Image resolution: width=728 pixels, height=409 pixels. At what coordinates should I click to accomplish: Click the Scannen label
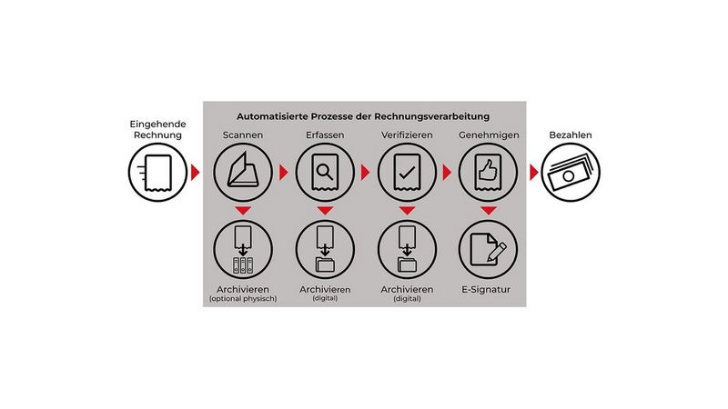click(x=243, y=135)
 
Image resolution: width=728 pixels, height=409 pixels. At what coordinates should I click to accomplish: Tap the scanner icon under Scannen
click(x=243, y=172)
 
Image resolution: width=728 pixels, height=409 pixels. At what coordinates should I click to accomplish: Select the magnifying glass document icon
click(x=325, y=172)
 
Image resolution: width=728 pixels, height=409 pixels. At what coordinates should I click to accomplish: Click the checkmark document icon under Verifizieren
click(x=407, y=172)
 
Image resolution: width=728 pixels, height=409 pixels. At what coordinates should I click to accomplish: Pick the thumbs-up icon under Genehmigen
click(x=488, y=172)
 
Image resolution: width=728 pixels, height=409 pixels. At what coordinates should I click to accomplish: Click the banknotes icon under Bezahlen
click(x=571, y=172)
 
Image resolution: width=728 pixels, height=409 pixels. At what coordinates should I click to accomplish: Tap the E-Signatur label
click(x=486, y=289)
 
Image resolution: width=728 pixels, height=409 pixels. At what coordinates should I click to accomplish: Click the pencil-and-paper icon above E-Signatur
click(x=488, y=249)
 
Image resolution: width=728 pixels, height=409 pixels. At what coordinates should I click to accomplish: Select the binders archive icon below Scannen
click(x=243, y=249)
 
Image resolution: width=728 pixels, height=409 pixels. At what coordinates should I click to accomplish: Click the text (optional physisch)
click(x=243, y=299)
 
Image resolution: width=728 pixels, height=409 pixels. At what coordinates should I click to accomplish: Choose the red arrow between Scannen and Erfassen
click(x=283, y=172)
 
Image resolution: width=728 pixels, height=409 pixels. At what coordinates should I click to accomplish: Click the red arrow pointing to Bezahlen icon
click(x=534, y=172)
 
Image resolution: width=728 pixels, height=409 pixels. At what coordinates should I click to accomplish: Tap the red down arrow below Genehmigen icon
click(x=489, y=211)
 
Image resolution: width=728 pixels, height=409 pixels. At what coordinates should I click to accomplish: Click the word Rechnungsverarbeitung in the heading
click(x=432, y=116)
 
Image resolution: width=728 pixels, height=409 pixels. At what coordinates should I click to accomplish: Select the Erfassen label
click(x=325, y=135)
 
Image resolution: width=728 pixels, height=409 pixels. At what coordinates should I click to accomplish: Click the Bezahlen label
click(x=571, y=135)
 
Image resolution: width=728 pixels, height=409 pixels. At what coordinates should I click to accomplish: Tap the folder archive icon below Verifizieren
click(x=407, y=249)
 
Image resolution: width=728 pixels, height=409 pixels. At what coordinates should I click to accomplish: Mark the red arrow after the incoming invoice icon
click(x=195, y=172)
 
